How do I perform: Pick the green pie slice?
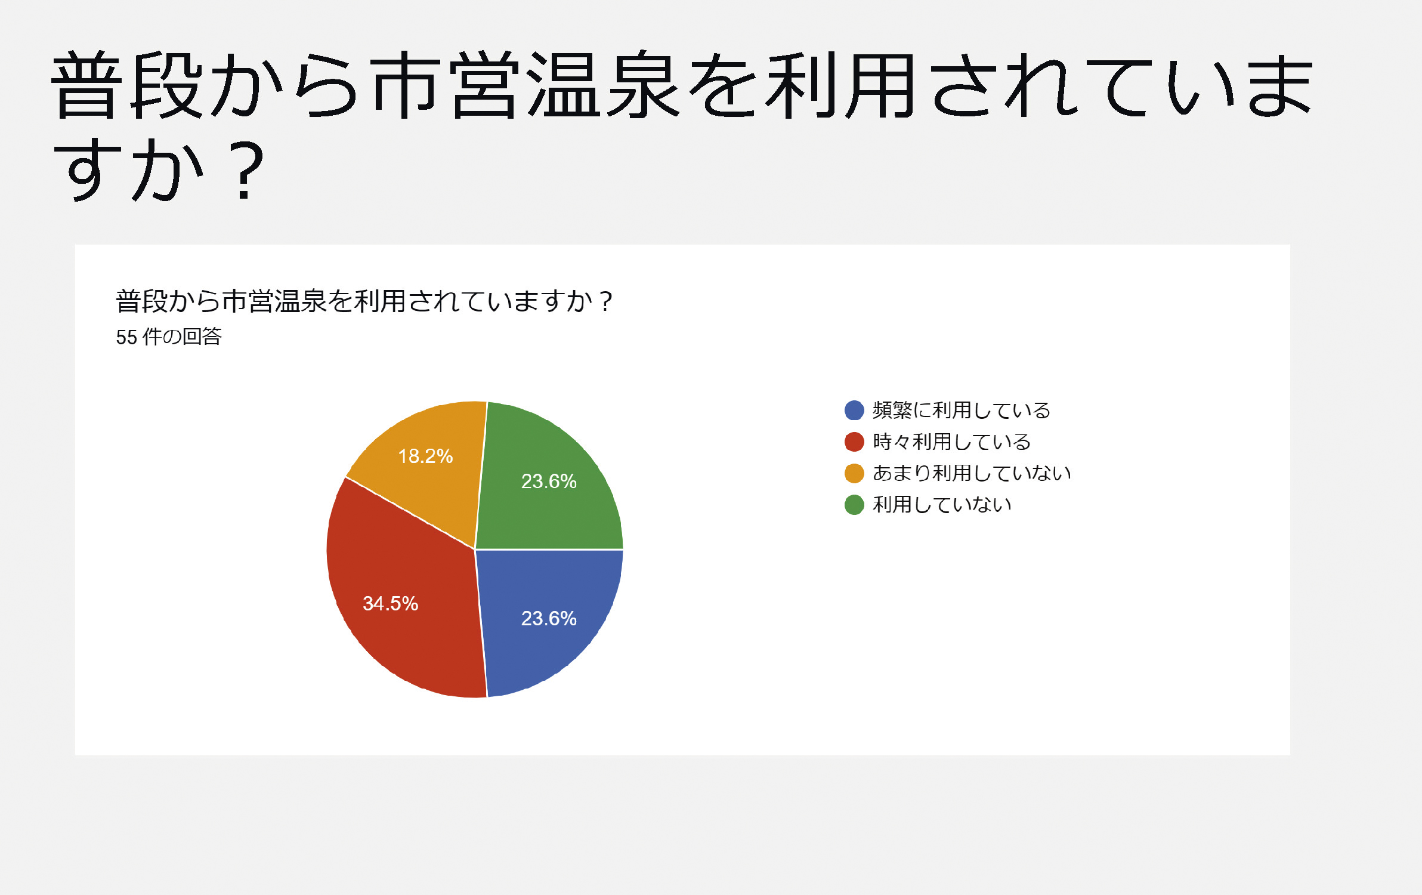(546, 483)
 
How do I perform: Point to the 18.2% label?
(425, 456)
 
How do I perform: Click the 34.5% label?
(391, 603)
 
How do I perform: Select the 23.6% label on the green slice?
(549, 481)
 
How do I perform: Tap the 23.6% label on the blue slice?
(549, 618)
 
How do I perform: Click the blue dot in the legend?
(854, 410)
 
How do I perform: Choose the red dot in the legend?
(854, 442)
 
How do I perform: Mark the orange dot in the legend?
(854, 473)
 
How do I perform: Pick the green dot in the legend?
(854, 505)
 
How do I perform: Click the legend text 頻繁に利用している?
(962, 410)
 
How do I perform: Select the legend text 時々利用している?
(952, 442)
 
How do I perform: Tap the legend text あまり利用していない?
(972, 473)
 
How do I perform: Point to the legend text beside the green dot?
(942, 505)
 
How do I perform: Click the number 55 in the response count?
(126, 338)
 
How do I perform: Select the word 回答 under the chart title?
(202, 337)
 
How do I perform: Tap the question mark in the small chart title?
(606, 301)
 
